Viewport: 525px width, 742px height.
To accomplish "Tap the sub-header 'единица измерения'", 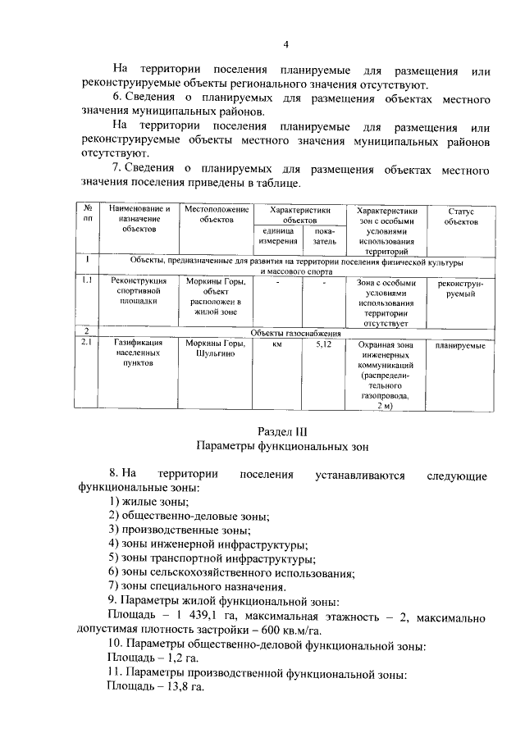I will click(278, 236).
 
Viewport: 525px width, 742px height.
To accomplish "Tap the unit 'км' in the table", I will click(278, 344).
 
